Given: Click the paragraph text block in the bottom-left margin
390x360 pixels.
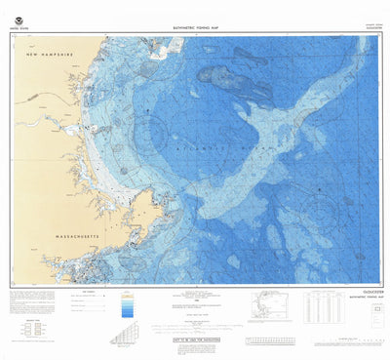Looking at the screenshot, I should pos(23,301).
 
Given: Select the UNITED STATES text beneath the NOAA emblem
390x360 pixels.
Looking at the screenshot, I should pos(19,30).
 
